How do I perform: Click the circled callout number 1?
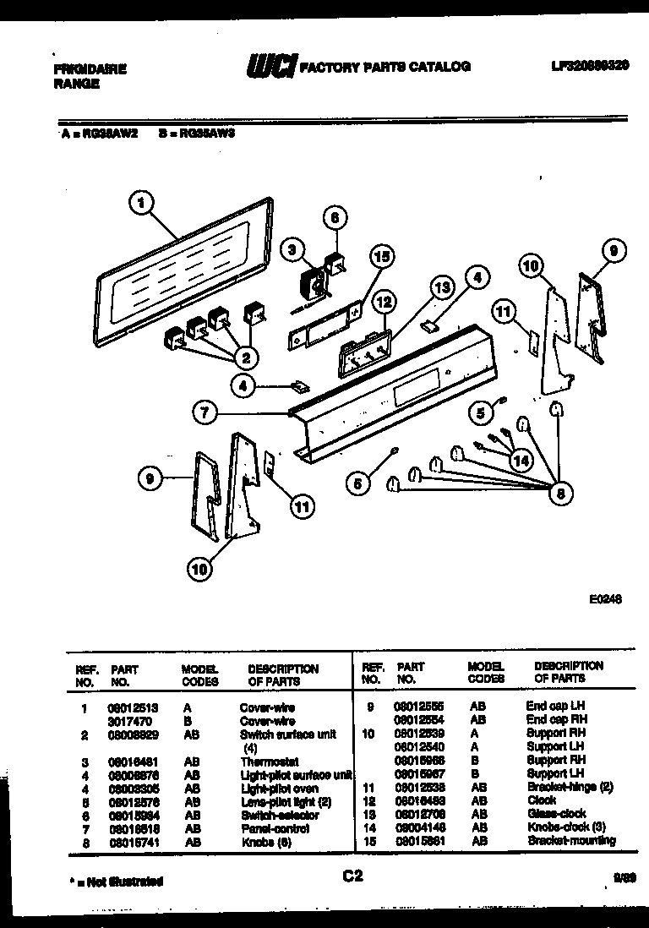[143, 203]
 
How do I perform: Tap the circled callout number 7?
[204, 413]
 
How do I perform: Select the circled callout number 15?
[383, 255]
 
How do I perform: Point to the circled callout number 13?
[440, 287]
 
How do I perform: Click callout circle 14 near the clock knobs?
[521, 461]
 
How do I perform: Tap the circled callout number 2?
[246, 358]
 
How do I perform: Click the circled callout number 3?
[292, 249]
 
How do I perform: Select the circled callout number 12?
[384, 300]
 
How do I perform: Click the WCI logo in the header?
[270, 67]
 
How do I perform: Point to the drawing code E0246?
[605, 598]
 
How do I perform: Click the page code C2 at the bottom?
[353, 876]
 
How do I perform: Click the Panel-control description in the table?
[275, 828]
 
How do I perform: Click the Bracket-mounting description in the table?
[571, 841]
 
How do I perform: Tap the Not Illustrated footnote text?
[117, 882]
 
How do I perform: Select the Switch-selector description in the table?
[280, 815]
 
